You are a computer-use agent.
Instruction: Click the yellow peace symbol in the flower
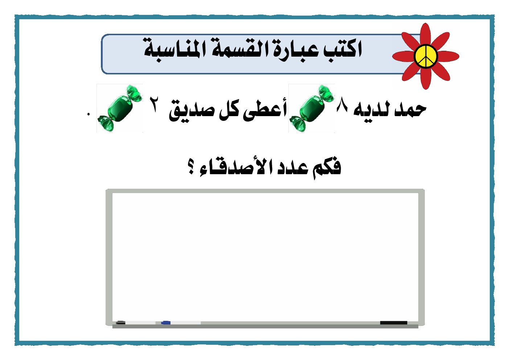click(x=426, y=56)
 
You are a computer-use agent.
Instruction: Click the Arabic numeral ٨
click(x=342, y=104)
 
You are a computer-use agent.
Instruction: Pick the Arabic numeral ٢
click(x=155, y=104)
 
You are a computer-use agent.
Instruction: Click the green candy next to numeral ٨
click(x=312, y=108)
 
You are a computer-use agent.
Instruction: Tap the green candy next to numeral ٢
click(x=120, y=108)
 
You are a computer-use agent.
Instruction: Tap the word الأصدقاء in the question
click(x=236, y=168)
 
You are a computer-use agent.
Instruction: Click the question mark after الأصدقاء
click(x=191, y=167)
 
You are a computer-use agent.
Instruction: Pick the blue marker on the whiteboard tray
click(x=166, y=323)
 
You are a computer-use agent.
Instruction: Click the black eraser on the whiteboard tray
click(x=394, y=323)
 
